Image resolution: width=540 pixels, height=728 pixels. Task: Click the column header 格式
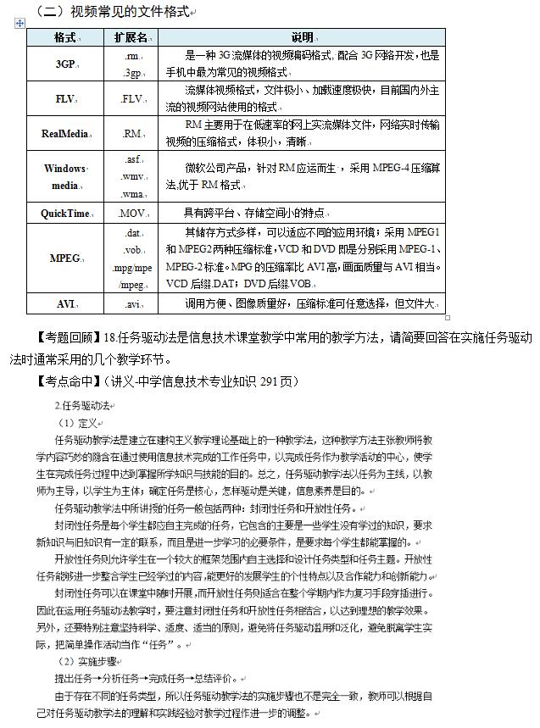pos(64,38)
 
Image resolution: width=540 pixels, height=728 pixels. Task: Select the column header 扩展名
pos(131,38)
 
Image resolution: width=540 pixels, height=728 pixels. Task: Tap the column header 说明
pos(302,38)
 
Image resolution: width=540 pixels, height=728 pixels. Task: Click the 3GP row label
pos(64,64)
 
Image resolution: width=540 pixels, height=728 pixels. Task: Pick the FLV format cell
pos(64,99)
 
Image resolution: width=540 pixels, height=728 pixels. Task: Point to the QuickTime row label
pos(64,213)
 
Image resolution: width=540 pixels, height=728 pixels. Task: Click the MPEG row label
pos(64,258)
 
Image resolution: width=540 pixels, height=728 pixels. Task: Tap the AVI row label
pos(64,303)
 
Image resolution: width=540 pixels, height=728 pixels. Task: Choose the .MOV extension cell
pos(131,213)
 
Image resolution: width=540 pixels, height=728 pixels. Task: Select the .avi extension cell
pos(131,303)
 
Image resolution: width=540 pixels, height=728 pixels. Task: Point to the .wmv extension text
pos(131,176)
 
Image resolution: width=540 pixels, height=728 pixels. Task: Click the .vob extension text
pos(131,250)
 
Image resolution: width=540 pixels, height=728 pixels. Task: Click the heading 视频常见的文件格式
pos(127,11)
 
